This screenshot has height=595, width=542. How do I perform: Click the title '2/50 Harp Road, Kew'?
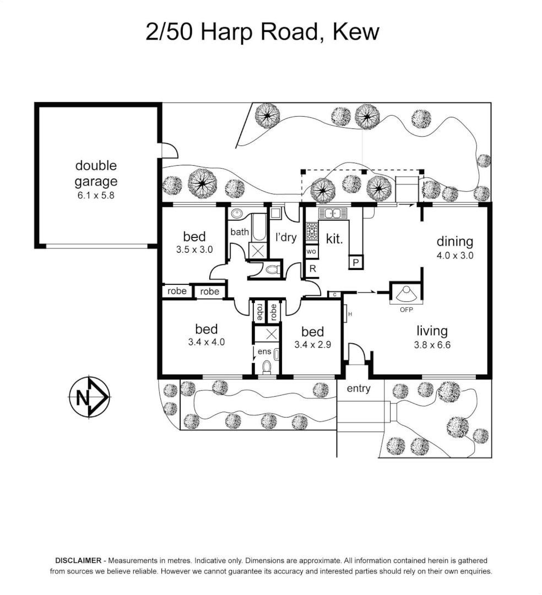[262, 32]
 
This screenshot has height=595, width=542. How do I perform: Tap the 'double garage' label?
[96, 173]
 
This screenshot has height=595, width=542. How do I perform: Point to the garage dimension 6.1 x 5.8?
[96, 195]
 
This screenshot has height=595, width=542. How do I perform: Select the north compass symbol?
[89, 397]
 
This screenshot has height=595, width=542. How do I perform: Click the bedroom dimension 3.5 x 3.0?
[194, 250]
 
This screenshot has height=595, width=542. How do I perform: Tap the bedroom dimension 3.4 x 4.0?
[206, 342]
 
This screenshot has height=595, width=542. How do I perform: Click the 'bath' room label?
[240, 232]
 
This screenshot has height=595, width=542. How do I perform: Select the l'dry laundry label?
[286, 238]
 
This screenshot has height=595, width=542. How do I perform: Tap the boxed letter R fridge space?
[312, 269]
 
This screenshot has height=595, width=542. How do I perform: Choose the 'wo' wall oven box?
[311, 252]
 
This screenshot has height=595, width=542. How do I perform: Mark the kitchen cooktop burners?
[312, 231]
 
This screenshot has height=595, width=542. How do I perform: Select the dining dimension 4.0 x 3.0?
[455, 256]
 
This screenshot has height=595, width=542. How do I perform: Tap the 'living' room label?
[432, 331]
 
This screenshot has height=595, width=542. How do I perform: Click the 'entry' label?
[358, 389]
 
